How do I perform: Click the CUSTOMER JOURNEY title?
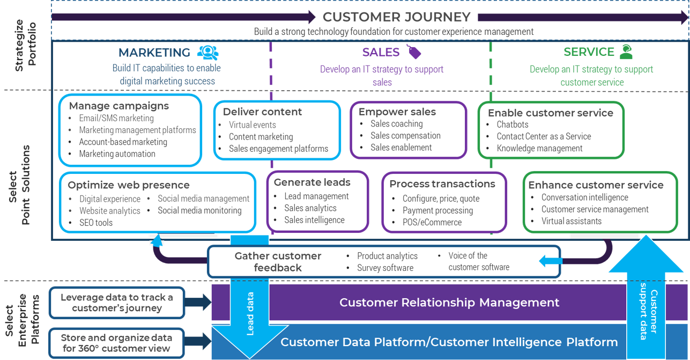(x=396, y=17)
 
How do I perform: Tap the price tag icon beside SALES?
(x=413, y=52)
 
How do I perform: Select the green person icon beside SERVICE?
(x=626, y=52)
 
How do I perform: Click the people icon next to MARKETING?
(x=207, y=52)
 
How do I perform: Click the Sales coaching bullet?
(x=396, y=124)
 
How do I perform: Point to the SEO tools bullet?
(x=96, y=222)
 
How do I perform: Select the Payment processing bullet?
(x=437, y=210)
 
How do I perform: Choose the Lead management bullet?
(x=316, y=196)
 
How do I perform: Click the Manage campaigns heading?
(x=119, y=106)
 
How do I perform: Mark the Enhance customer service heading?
(x=596, y=185)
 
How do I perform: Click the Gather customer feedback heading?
(x=278, y=262)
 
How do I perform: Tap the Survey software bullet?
(x=385, y=268)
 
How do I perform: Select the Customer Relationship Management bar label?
(x=449, y=303)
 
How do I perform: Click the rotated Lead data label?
(x=250, y=314)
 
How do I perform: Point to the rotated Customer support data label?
(x=649, y=314)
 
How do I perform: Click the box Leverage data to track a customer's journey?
(x=117, y=303)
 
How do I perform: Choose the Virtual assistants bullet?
(x=571, y=221)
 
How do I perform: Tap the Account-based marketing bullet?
(x=123, y=142)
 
